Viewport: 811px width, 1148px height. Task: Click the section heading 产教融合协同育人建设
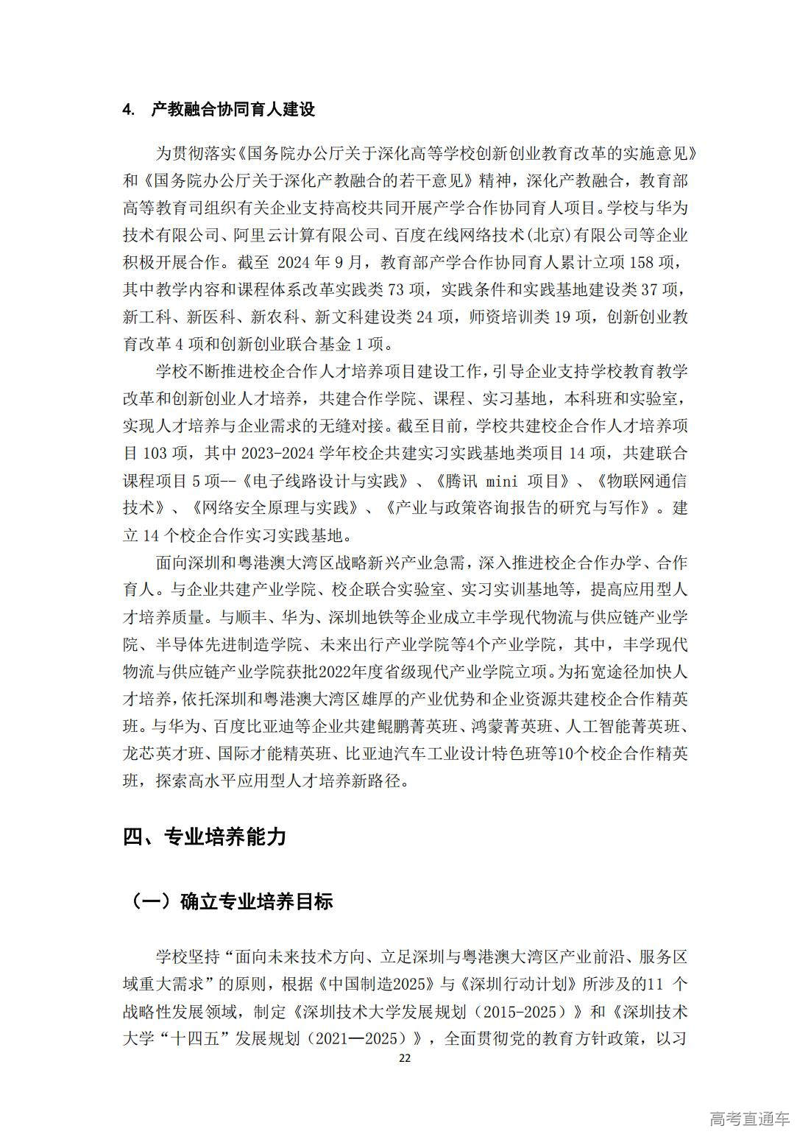[x=233, y=110]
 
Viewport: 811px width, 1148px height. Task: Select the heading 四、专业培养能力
[x=204, y=837]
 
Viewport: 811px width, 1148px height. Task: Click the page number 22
[x=404, y=1058]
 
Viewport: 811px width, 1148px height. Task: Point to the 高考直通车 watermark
[x=750, y=1119]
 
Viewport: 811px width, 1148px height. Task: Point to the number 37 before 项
[x=640, y=290]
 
